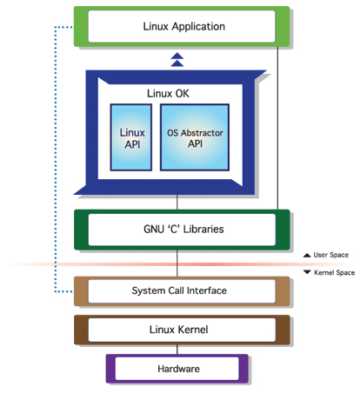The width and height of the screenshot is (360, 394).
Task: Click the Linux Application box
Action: click(x=182, y=26)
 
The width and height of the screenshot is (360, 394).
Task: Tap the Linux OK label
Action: click(x=168, y=94)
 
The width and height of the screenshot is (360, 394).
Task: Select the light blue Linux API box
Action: click(x=131, y=137)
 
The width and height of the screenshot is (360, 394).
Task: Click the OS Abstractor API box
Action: click(x=195, y=137)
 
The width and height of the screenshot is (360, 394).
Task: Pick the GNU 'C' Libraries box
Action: click(x=182, y=230)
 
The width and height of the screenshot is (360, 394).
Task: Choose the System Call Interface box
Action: click(x=182, y=291)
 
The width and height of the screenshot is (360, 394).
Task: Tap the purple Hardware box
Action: click(x=177, y=369)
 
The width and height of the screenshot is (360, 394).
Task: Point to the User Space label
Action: click(x=330, y=255)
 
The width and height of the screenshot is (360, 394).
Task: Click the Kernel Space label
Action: click(x=335, y=272)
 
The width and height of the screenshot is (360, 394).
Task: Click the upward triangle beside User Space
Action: click(x=307, y=255)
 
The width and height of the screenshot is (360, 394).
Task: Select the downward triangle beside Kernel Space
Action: click(x=307, y=272)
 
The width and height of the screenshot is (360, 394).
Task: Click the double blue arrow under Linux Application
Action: click(x=177, y=60)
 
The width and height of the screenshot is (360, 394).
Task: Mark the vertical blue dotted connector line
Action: click(x=55, y=159)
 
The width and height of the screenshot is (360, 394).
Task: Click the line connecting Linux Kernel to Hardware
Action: click(x=177, y=350)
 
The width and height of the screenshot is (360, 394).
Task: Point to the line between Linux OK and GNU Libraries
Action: click(x=177, y=202)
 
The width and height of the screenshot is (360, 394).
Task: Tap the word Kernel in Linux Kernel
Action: click(x=193, y=330)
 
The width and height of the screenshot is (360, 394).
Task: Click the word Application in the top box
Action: click(x=198, y=27)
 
